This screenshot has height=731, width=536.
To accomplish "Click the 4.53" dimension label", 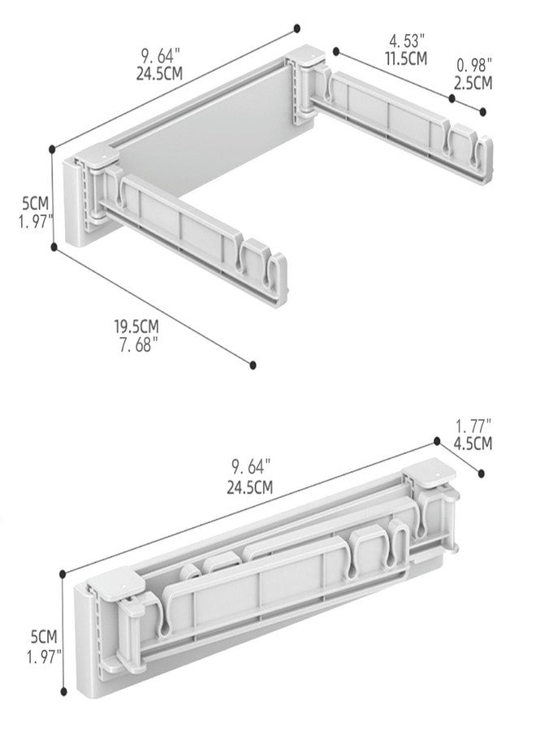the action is click(407, 41).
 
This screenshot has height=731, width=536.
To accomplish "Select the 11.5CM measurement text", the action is click(406, 58).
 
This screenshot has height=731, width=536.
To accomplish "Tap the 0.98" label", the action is click(474, 65).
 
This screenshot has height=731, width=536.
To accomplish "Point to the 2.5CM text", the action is click(473, 83).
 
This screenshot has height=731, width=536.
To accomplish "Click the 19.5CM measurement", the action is click(136, 327).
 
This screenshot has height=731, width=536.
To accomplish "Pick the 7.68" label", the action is click(138, 345).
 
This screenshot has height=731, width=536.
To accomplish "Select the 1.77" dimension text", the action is click(473, 426).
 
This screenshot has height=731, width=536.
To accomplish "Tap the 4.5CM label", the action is click(473, 443).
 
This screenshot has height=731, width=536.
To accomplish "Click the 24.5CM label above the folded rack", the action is click(250, 487).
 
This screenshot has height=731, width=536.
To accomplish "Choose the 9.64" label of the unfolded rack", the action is click(160, 56).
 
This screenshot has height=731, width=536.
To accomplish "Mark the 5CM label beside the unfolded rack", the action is click(35, 203).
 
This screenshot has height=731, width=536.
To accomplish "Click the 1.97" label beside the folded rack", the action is click(44, 657).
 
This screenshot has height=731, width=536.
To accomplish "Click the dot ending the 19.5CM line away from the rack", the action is click(253, 365).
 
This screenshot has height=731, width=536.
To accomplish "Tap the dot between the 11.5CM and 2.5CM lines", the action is click(452, 98).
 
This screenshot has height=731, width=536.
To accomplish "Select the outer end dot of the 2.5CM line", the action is click(483, 112).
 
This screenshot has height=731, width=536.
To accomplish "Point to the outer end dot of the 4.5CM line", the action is click(482, 474).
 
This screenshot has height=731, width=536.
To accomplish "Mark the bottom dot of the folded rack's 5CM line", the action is click(64, 692).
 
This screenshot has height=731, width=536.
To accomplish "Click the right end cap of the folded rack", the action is click(430, 472).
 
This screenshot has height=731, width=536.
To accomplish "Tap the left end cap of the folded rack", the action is click(115, 582).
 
